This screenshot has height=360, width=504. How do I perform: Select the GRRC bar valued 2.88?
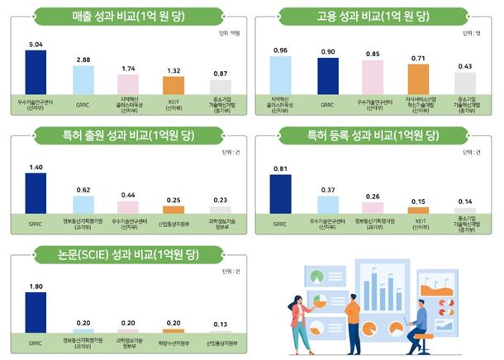point(83,80)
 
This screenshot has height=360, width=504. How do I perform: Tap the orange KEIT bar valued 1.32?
point(173,85)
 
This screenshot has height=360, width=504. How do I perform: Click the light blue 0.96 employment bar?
point(281,75)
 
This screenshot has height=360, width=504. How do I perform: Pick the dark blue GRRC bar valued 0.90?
point(328,76)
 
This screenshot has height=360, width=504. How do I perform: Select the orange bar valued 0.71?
point(419,79)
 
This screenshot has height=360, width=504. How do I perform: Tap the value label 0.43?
point(465,66)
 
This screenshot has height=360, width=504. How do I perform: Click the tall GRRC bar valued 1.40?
point(36,193)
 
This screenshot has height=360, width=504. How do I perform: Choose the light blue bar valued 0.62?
point(83,205)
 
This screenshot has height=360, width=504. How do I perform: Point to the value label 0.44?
point(128,195)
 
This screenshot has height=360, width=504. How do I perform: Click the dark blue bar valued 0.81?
point(281,194)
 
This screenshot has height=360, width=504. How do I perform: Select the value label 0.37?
point(328,190)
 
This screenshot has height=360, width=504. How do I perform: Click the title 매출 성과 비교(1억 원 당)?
point(129,15)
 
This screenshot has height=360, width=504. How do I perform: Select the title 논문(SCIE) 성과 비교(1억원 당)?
point(129,255)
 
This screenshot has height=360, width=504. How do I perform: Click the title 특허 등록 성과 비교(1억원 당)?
point(373,135)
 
